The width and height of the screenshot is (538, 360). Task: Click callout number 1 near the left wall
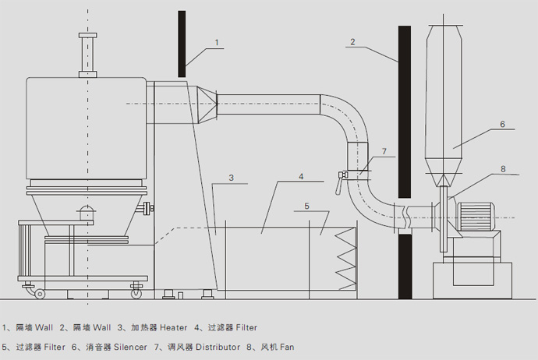click(x=217, y=42)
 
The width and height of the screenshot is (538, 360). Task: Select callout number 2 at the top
click(x=352, y=41)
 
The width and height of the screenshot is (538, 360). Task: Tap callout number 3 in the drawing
click(x=231, y=178)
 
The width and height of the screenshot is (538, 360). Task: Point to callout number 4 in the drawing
click(x=300, y=177)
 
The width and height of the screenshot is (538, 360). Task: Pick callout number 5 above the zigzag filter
click(x=307, y=206)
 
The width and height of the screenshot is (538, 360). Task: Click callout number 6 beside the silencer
click(x=502, y=124)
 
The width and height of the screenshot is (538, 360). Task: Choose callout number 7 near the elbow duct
click(x=383, y=150)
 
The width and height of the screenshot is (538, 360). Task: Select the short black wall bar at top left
click(x=181, y=44)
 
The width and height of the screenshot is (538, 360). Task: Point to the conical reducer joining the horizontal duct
click(x=207, y=105)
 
